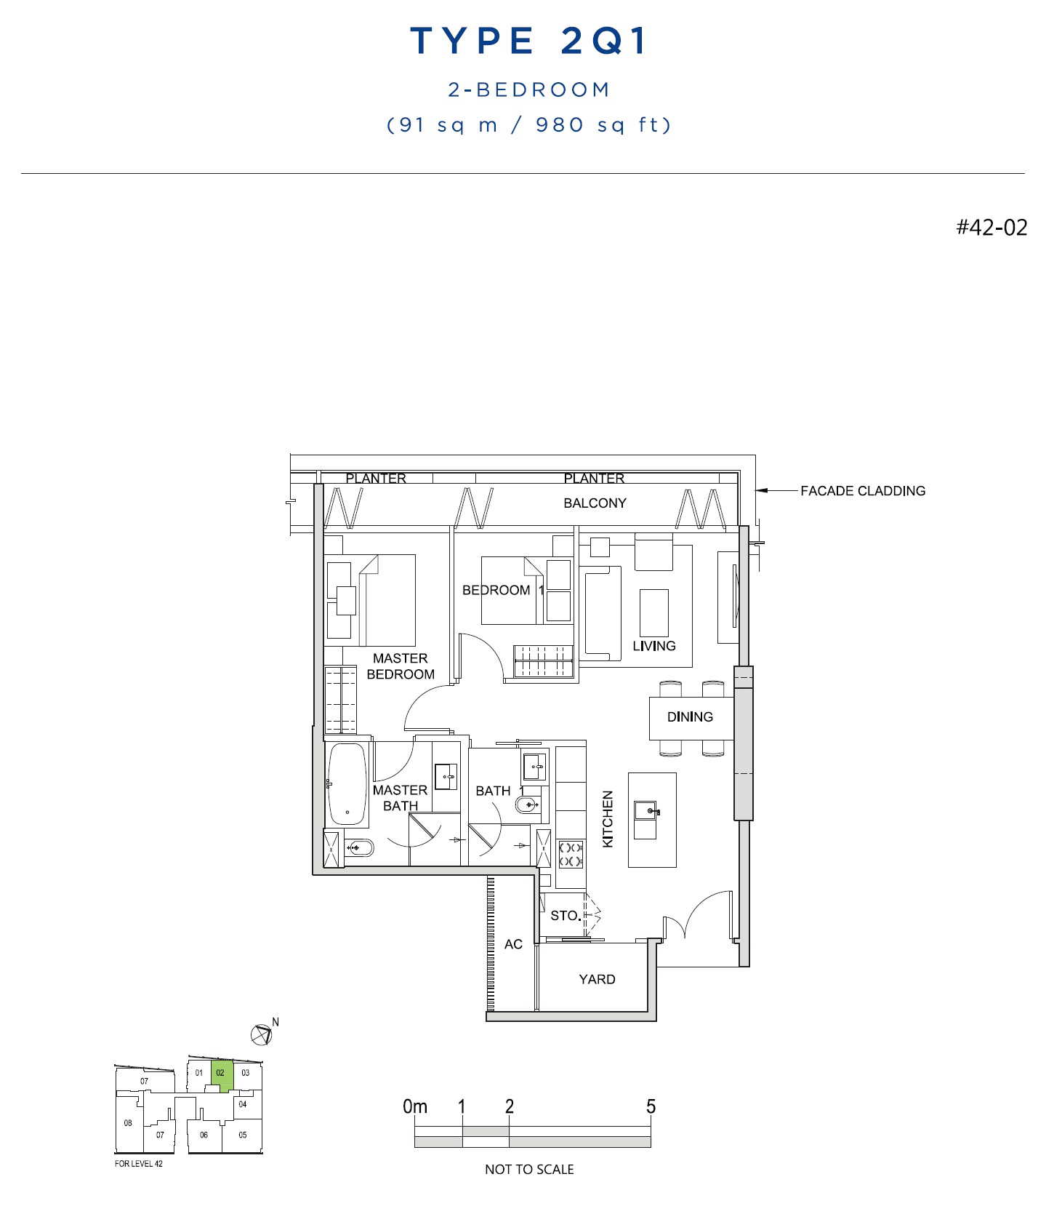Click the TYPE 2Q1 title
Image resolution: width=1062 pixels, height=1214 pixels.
click(x=528, y=41)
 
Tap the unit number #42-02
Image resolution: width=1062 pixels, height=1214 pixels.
click(x=991, y=227)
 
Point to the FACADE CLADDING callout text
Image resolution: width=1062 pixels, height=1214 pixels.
click(x=863, y=491)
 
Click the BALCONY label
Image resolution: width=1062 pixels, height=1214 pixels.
click(x=595, y=503)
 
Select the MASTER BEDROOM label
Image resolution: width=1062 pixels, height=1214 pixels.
click(x=401, y=666)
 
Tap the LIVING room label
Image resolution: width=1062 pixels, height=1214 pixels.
click(x=654, y=646)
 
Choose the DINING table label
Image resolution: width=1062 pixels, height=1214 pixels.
click(x=690, y=716)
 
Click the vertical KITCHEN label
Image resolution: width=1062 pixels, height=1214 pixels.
click(x=608, y=819)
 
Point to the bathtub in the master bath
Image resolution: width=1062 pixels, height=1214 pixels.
click(x=347, y=784)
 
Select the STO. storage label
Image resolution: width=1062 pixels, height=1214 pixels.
click(x=566, y=916)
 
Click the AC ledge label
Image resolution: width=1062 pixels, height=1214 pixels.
click(x=513, y=944)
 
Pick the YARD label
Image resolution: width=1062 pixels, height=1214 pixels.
click(x=597, y=979)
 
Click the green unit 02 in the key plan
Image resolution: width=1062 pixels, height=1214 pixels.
click(x=222, y=1075)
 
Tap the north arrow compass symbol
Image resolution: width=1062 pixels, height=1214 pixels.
click(x=262, y=1033)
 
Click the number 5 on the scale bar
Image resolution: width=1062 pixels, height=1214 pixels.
click(x=651, y=1106)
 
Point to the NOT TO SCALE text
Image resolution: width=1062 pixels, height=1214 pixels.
click(x=529, y=1170)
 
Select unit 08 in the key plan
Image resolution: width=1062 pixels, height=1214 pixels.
click(x=128, y=1123)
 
